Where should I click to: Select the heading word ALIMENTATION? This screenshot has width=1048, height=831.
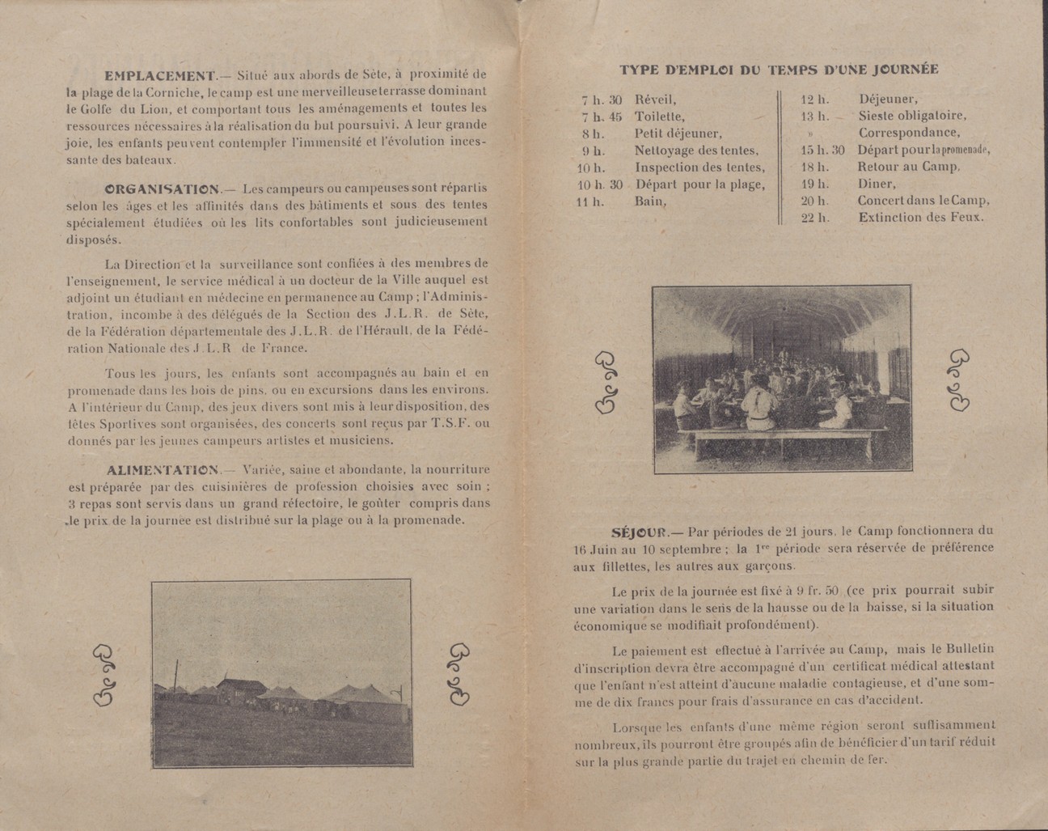tap(162, 469)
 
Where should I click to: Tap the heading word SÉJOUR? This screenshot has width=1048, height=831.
tap(638, 532)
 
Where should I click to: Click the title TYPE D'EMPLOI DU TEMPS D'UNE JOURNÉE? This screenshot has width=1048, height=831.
tap(779, 70)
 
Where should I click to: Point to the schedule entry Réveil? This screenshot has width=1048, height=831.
tap(654, 100)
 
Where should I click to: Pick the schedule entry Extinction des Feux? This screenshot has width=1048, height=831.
tap(921, 218)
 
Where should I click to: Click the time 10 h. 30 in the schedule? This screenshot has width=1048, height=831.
tap(599, 184)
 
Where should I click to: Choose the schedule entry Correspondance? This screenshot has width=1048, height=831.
tap(910, 133)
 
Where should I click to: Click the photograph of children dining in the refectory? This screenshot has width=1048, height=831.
tap(781, 379)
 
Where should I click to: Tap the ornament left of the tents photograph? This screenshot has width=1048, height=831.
tap(105, 676)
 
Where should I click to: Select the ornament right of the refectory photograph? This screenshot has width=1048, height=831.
tap(959, 380)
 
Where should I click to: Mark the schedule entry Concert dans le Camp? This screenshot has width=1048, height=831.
tap(923, 201)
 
